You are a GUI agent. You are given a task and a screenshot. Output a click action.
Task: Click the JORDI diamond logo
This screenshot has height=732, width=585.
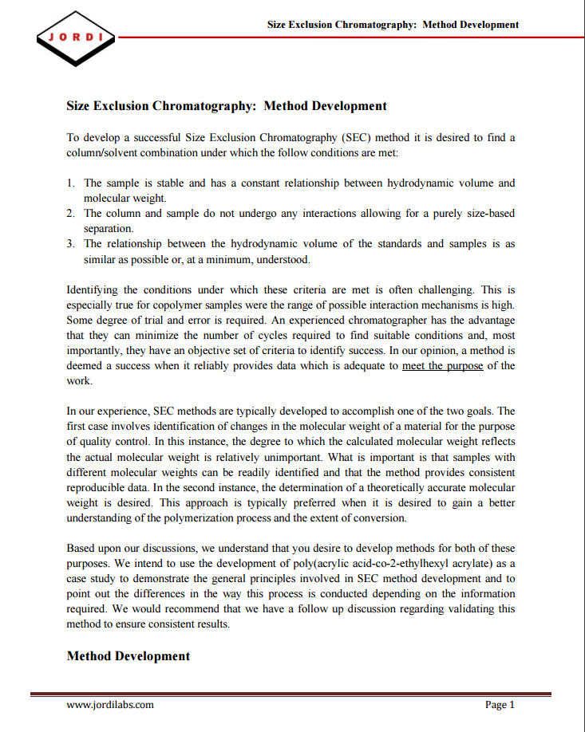click(x=76, y=37)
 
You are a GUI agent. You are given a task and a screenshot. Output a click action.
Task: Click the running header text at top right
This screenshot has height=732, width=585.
click(x=393, y=25)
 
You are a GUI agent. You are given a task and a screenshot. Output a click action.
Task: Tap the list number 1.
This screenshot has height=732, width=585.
click(x=71, y=183)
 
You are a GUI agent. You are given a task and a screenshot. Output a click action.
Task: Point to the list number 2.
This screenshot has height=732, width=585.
click(x=71, y=214)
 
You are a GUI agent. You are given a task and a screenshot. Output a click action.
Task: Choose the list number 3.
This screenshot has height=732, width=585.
click(x=71, y=244)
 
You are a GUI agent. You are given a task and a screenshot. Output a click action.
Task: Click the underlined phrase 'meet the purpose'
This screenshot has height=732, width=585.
click(x=442, y=366)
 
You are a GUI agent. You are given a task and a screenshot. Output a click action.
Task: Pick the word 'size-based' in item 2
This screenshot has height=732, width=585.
click(x=489, y=214)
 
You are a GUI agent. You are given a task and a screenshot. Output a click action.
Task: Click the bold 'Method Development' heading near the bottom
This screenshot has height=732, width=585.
click(x=128, y=656)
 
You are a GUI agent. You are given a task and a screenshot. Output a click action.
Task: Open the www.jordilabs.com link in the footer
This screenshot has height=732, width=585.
click(x=110, y=705)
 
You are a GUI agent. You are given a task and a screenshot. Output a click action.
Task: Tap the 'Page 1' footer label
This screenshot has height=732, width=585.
click(x=500, y=705)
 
